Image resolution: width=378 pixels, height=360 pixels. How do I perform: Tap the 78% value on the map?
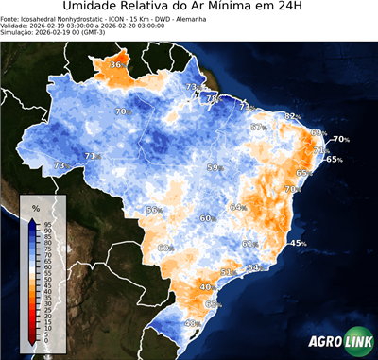pyautogui.click(x=214, y=97)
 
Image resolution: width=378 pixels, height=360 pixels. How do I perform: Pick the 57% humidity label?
pyautogui.click(x=258, y=127)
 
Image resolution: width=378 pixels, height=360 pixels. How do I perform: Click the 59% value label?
pyautogui.click(x=215, y=167)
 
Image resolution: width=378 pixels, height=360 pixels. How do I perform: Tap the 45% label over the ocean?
pyautogui.click(x=298, y=243)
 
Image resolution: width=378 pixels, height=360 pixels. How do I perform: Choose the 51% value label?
pyautogui.click(x=227, y=272)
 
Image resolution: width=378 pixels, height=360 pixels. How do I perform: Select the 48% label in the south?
pyautogui.click(x=191, y=324)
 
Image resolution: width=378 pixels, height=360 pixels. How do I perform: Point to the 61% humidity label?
pyautogui.click(x=249, y=244)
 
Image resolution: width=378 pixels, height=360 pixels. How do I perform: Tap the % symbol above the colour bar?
pyautogui.click(x=35, y=207)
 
